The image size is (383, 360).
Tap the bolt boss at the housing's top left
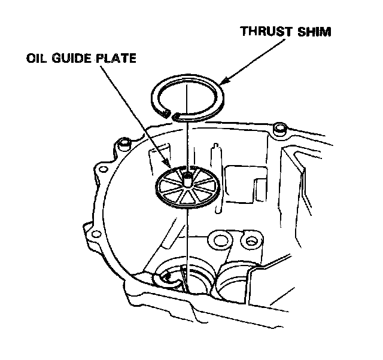point(124,143)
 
